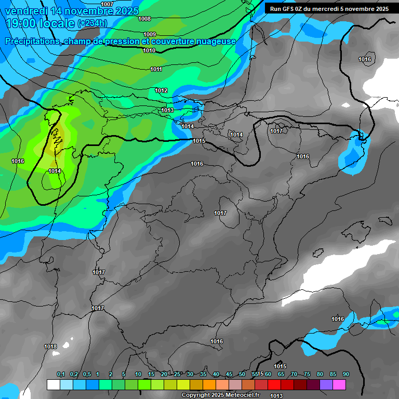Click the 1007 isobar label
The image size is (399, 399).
pyautogui.click(x=107, y=4)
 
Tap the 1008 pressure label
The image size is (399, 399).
pyautogui.click(x=144, y=19)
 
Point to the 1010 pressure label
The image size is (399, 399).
pyautogui.click(x=149, y=50)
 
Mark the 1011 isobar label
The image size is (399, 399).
pyautogui.click(x=156, y=69)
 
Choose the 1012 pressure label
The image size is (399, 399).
pyautogui.click(x=161, y=90)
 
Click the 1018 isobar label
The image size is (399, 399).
pyautogui.click(x=50, y=347)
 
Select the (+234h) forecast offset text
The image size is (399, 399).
pyautogui.click(x=92, y=23)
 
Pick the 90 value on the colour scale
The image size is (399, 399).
pyautogui.click(x=345, y=374)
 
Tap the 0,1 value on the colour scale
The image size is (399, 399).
pyautogui.click(x=61, y=374)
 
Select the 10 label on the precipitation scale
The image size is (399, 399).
pyautogui.click(x=138, y=374)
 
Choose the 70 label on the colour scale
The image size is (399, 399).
pyautogui.click(x=294, y=374)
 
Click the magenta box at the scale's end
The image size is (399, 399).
pyautogui.click(x=339, y=385)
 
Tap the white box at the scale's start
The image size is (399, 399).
pyautogui.click(x=53, y=385)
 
